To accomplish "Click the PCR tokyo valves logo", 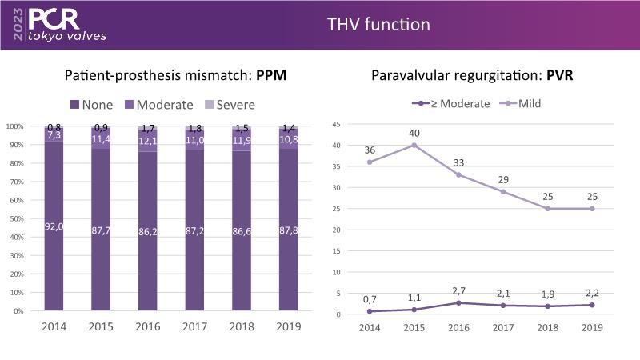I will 54,24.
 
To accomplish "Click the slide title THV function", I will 378,25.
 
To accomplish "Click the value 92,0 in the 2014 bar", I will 54,227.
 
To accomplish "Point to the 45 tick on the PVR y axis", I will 337,125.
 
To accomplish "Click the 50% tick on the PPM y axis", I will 15,218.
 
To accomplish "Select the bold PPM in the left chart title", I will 273,77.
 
